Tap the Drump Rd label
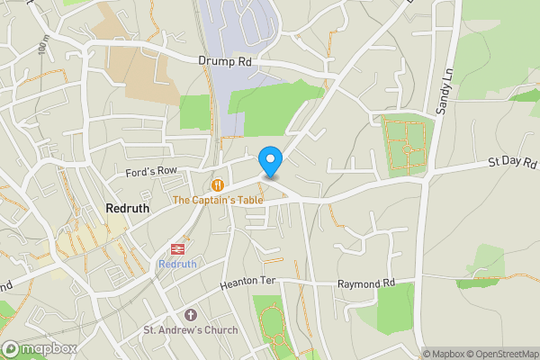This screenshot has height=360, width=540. click(224, 60)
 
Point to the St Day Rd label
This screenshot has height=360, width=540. click(512, 163)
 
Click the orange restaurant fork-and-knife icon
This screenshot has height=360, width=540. click(217, 184)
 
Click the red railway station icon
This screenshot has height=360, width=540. click(176, 249)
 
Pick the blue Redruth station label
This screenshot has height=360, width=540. click(176, 264)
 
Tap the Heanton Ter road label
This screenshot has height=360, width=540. click(247, 283)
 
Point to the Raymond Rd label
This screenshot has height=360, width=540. click(366, 283)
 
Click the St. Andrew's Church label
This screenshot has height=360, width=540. click(191, 330)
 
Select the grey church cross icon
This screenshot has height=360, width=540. click(190, 315)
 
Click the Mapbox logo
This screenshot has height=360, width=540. click(38, 349)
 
